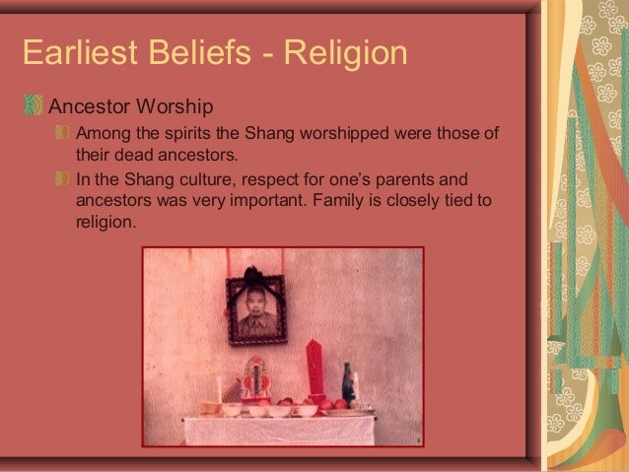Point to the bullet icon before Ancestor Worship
tap(35, 104)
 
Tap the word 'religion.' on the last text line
tap(104, 224)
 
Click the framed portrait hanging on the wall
tap(257, 309)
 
